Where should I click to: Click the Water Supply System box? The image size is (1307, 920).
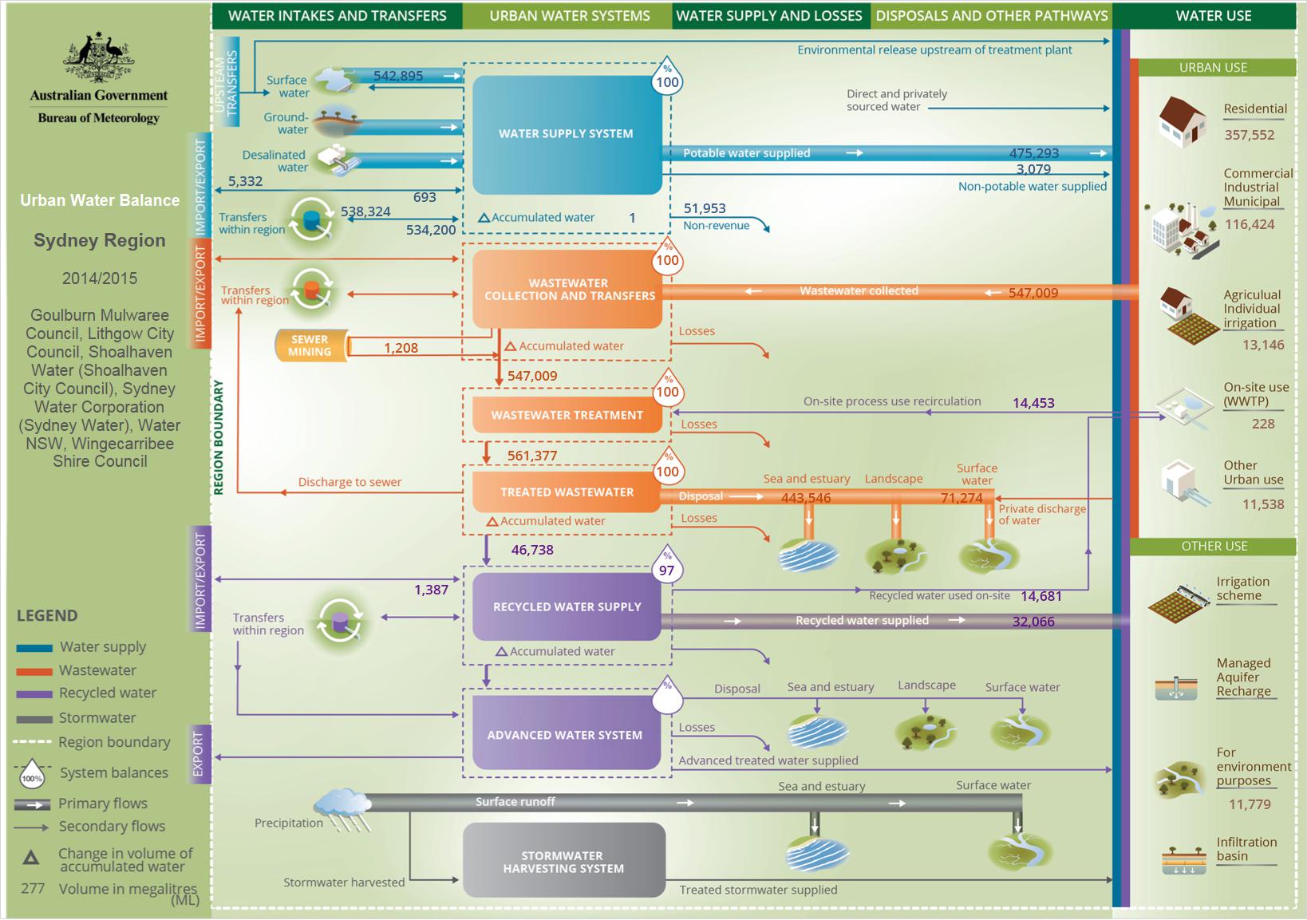tap(567, 134)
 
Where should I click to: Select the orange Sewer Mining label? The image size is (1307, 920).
tap(311, 345)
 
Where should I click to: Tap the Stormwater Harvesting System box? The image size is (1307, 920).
tap(564, 860)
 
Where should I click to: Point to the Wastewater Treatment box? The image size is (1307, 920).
tap(567, 415)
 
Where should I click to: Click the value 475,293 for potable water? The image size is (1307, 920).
tap(1034, 153)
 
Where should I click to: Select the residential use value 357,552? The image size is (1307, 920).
tap(1250, 135)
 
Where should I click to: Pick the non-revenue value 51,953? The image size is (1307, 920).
tap(705, 208)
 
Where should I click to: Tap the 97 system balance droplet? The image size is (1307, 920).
tap(667, 565)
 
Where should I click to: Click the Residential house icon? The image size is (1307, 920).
tap(1183, 121)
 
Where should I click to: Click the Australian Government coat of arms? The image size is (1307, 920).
tap(98, 57)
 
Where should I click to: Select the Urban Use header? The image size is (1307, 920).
tap(1213, 68)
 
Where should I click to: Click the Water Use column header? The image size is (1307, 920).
tap(1214, 16)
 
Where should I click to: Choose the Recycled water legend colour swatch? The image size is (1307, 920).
tap(34, 694)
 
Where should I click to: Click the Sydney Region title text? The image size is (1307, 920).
tap(99, 240)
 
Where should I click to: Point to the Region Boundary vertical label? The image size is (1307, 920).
tap(218, 437)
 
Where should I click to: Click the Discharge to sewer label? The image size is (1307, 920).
tap(349, 482)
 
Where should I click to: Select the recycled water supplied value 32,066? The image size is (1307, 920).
tap(1033, 622)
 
